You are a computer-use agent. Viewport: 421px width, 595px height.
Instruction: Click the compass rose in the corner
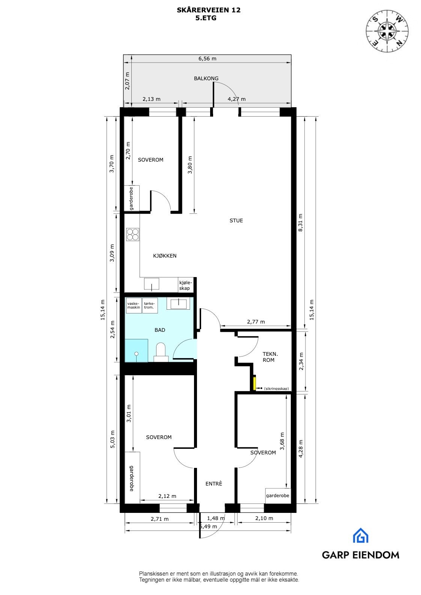click(x=387, y=30)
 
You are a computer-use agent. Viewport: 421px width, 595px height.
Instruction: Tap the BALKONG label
click(x=206, y=78)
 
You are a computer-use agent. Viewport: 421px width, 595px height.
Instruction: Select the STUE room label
click(x=236, y=220)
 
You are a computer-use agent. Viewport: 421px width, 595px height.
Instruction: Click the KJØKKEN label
click(x=164, y=256)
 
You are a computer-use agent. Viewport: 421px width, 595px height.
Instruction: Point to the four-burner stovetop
click(x=133, y=234)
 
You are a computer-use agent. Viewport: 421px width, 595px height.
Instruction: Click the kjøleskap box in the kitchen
click(x=185, y=285)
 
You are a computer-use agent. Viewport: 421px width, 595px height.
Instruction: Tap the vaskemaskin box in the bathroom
click(x=134, y=305)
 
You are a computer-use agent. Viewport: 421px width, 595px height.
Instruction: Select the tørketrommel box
click(x=150, y=305)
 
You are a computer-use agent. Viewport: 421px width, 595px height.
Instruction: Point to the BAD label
click(x=160, y=330)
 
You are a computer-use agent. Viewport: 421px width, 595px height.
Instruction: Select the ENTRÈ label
click(x=214, y=484)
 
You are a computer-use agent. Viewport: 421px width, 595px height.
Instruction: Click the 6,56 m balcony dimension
click(x=207, y=58)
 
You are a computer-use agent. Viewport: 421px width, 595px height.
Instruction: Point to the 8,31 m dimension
click(x=300, y=223)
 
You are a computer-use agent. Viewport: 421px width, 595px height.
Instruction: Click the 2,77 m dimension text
click(x=256, y=322)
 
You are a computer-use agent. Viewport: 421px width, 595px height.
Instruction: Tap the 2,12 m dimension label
click(x=167, y=496)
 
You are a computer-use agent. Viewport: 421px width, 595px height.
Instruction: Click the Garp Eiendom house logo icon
click(x=360, y=535)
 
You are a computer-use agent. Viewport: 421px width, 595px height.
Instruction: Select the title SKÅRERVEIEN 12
click(x=209, y=10)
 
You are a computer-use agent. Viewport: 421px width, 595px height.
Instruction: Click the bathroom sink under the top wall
click(x=178, y=303)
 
